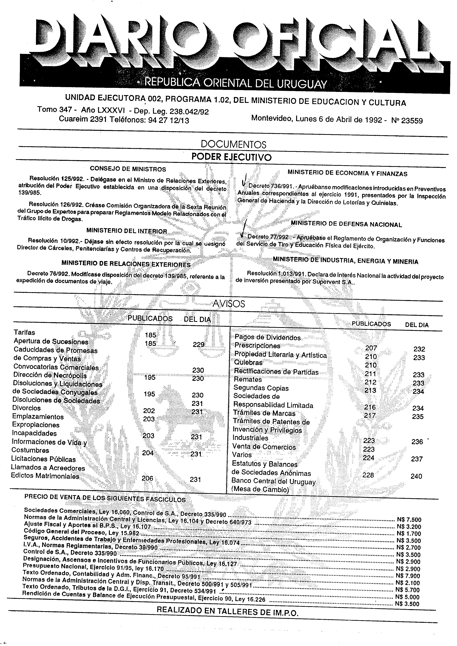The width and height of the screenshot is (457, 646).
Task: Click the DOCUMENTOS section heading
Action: [x=233, y=145]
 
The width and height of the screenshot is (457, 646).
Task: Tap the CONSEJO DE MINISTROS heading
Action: [x=128, y=169]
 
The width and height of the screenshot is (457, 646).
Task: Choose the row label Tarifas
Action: [x=25, y=332]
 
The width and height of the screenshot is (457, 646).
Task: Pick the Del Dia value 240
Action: [x=416, y=476]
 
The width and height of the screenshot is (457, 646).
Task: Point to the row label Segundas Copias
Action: [x=261, y=388]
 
